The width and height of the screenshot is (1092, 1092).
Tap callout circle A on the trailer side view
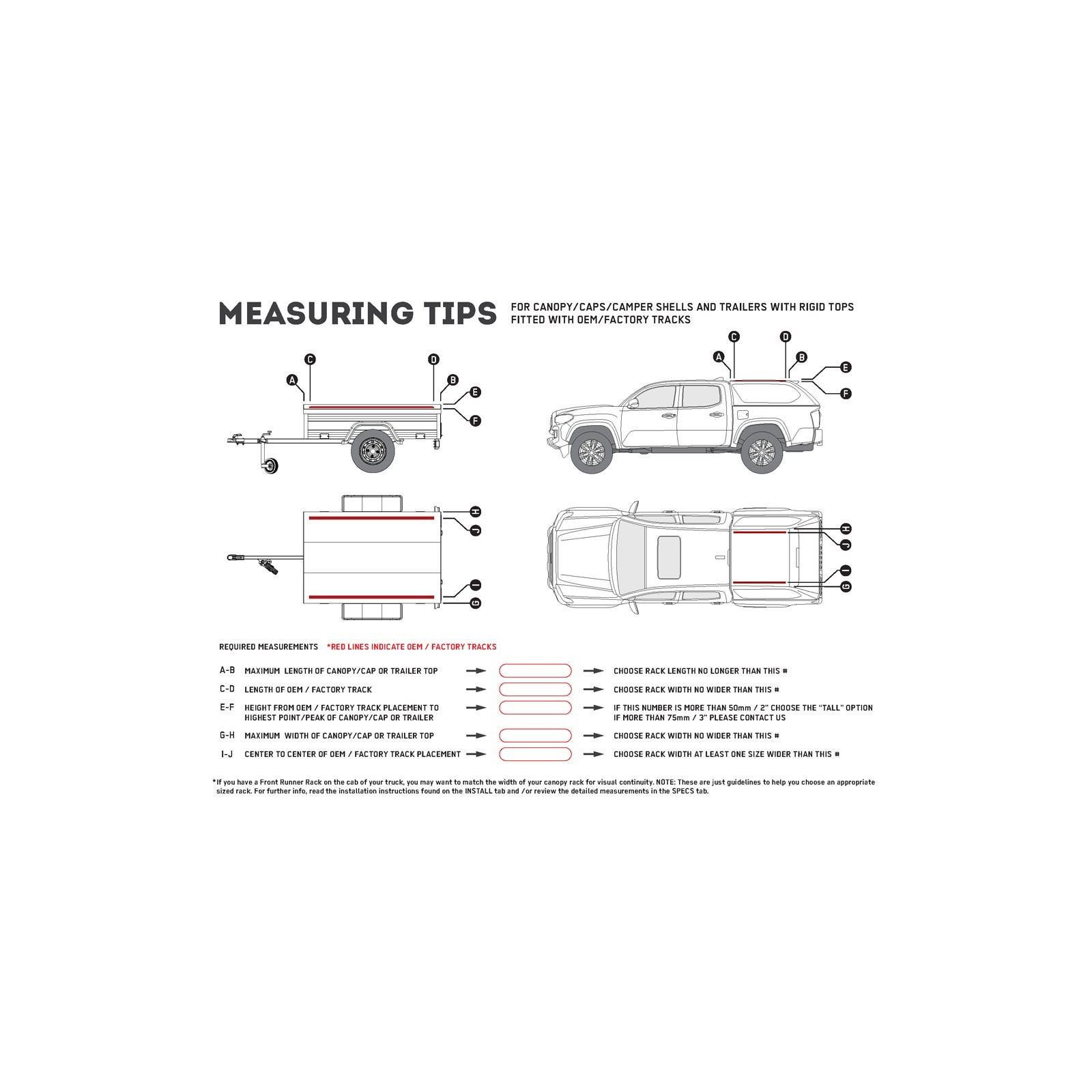coord(293,380)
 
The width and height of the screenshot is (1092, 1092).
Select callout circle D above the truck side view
coord(786,336)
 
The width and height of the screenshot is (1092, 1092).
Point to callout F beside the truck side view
coord(846,394)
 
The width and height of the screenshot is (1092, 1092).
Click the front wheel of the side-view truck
coord(590,452)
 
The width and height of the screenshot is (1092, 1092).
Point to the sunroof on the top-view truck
coord(668,554)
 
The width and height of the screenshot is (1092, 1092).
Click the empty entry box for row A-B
coord(535,671)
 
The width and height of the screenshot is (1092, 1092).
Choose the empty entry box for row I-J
coord(535,754)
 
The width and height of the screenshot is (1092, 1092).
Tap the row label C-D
coord(228,689)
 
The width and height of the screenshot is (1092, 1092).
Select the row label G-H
coord(227,736)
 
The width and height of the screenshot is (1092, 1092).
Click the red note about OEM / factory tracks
coord(412,646)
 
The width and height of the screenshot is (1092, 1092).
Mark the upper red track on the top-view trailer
coord(371,518)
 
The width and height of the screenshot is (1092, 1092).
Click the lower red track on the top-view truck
coord(759,581)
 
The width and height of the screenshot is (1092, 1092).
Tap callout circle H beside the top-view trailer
coord(476,512)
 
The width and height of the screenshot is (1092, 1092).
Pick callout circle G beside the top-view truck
coord(846,587)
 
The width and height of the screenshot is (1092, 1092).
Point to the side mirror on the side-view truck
coord(634,403)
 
